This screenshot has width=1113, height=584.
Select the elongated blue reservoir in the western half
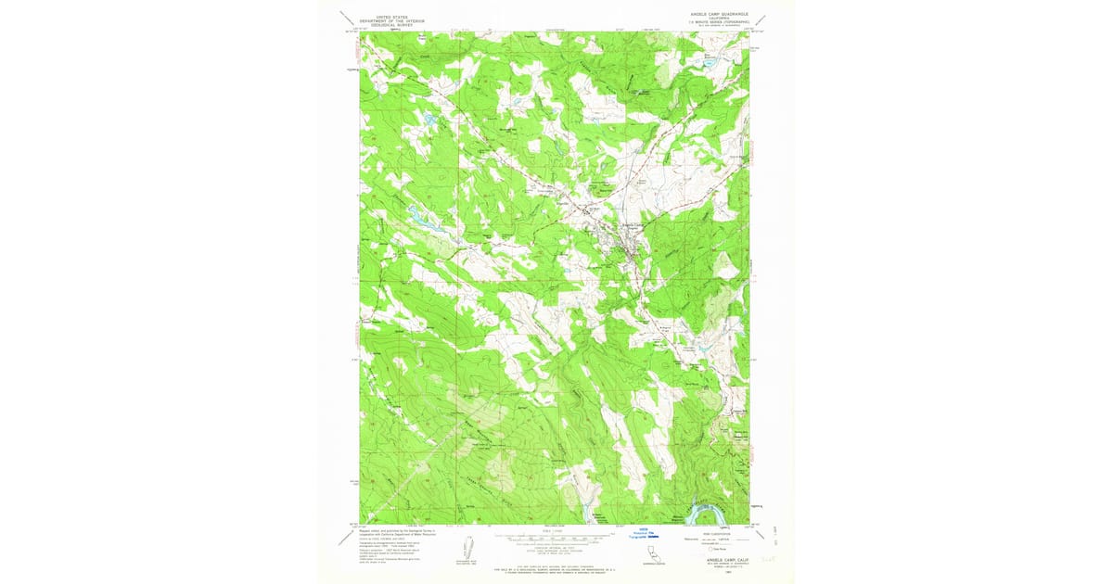coord(422,221)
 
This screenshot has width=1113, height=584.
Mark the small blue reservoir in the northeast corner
coord(713,64)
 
